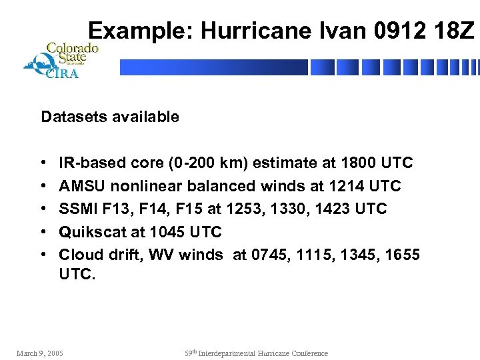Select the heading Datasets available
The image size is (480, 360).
coord(110,117)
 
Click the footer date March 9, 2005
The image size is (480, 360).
coord(40,353)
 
